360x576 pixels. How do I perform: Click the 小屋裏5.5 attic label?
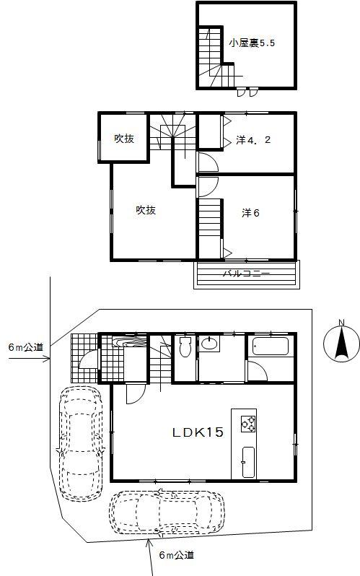[x=252, y=43]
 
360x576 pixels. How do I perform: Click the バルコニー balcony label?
[x=246, y=274]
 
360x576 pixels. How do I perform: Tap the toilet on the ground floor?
[x=185, y=347]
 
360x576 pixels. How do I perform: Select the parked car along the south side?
[x=167, y=514]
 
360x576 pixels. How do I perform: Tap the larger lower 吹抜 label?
[x=146, y=210]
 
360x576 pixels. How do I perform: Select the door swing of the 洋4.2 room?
[x=206, y=160]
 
